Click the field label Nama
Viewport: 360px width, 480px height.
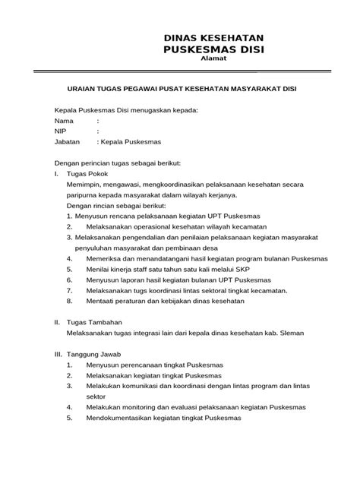pos(64,121)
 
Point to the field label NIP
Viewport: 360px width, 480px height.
pos(61,131)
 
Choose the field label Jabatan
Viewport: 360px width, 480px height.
pos(68,142)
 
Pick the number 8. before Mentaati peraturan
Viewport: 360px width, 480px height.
pos(69,301)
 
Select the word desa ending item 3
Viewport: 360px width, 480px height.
pos(208,248)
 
